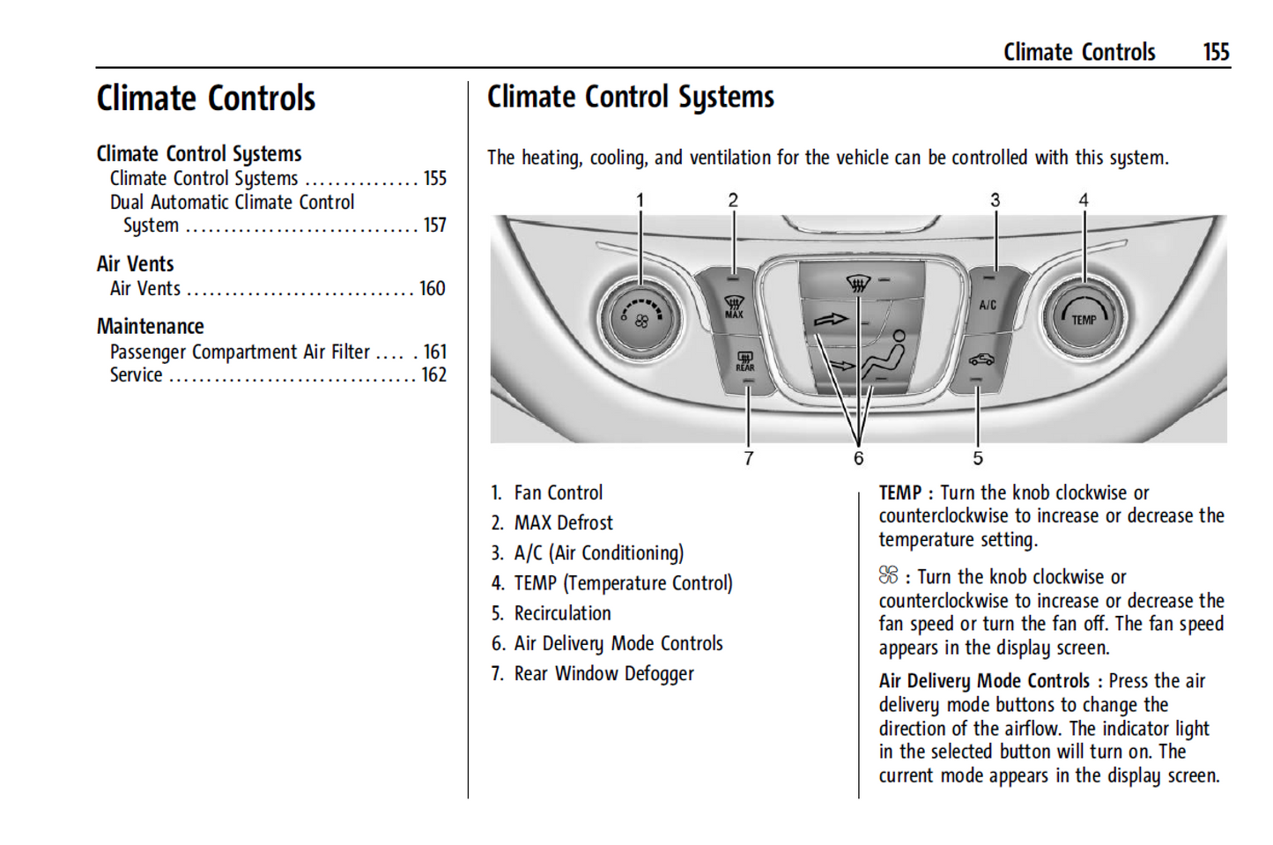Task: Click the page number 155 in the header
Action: click(x=1216, y=52)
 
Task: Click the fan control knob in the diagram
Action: click(x=640, y=318)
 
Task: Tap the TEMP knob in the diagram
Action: click(x=1084, y=318)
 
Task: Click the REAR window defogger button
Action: click(x=744, y=362)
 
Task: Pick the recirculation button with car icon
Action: click(x=981, y=360)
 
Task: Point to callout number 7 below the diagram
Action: click(x=748, y=458)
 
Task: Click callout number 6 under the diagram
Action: click(x=858, y=458)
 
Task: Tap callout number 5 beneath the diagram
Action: click(x=977, y=458)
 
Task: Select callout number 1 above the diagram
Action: click(x=640, y=200)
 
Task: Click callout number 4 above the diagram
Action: click(x=1084, y=200)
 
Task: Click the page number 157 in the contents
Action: click(x=434, y=226)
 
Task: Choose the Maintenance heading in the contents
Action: click(x=150, y=326)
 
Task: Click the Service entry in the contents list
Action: click(x=137, y=374)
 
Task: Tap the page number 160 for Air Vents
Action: click(x=432, y=289)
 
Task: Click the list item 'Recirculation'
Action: click(x=562, y=613)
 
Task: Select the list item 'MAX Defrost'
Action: click(x=563, y=523)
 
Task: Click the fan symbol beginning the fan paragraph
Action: click(x=888, y=575)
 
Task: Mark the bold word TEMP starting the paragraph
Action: click(x=899, y=493)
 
